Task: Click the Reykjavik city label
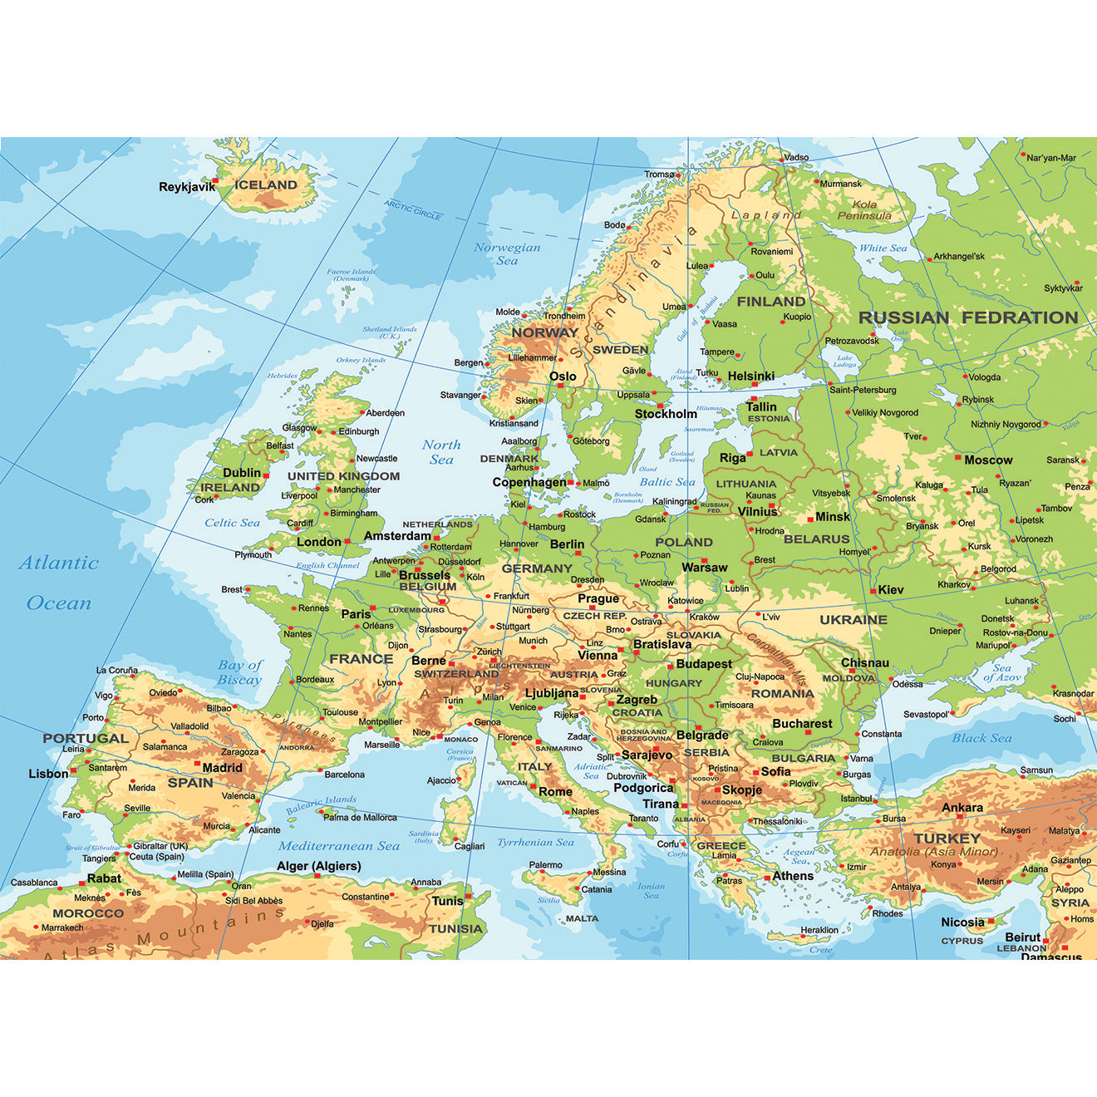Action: click(186, 187)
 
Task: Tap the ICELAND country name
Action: click(265, 184)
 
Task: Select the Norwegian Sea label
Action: click(507, 253)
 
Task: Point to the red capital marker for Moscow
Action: click(957, 459)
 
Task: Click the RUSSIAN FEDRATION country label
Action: click(968, 317)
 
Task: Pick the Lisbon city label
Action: click(48, 774)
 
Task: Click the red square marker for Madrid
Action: click(197, 763)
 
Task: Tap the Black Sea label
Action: click(981, 738)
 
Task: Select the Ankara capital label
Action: click(962, 807)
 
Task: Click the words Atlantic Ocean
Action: click(58, 583)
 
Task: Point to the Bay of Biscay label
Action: click(239, 672)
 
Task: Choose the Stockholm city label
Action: click(666, 414)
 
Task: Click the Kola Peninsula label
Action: click(864, 209)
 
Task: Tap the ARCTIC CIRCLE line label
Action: click(413, 209)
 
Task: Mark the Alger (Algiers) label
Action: click(318, 866)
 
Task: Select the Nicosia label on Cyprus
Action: click(962, 922)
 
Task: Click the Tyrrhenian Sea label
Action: click(535, 842)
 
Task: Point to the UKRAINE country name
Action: click(853, 619)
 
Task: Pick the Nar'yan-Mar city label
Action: click(1050, 157)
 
